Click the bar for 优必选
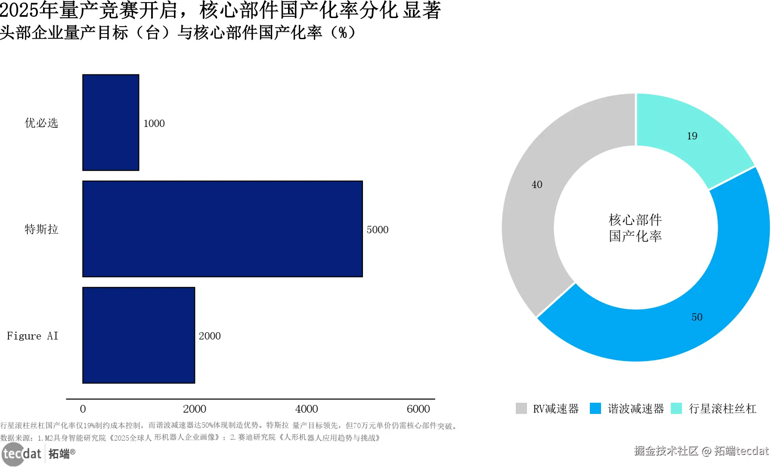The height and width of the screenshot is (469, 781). click(111, 123)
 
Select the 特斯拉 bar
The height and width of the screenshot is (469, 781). click(222, 229)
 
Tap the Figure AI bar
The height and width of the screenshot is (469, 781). click(139, 335)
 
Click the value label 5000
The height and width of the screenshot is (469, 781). click(377, 230)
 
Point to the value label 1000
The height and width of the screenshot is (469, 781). click(154, 123)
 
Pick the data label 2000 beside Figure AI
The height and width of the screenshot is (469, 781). click(209, 336)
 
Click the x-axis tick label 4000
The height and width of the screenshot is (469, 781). click(306, 409)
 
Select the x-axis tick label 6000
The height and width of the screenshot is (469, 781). click(418, 409)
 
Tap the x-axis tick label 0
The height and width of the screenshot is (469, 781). click(83, 409)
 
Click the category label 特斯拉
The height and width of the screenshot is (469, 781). click(41, 229)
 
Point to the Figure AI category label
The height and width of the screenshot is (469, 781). click(32, 336)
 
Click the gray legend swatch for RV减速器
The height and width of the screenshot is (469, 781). click(521, 408)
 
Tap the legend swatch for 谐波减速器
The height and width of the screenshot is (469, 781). click(595, 408)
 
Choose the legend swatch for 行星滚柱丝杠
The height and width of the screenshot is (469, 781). click(676, 408)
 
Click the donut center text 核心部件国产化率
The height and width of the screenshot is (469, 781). click(635, 228)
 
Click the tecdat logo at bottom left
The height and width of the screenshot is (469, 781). click(22, 454)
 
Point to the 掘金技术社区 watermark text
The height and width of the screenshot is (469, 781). click(666, 451)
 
